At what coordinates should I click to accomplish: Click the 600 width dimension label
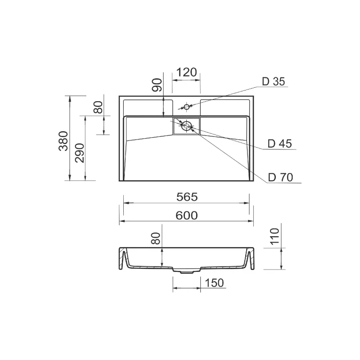pos(186,216)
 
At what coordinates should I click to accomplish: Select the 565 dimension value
pos(187,197)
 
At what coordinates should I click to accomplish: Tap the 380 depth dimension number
pos(63,141)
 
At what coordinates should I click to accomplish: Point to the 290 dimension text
pos(80,153)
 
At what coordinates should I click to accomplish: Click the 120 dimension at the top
pos(187,72)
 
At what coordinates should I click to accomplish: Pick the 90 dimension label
pos(157,85)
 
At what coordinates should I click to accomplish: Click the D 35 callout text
pos(273,81)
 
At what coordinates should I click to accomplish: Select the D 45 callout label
pos(279,144)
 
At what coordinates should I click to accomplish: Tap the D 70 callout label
pos(280,177)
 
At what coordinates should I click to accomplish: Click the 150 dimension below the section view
pos(214,283)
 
